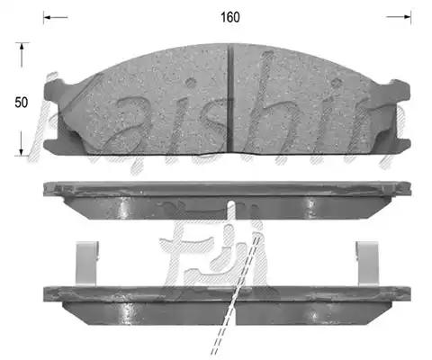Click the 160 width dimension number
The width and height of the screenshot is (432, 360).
pyautogui.click(x=230, y=17)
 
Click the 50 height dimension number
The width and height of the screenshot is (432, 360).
pyautogui.click(x=21, y=103)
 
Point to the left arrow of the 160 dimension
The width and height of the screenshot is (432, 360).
pyautogui.click(x=56, y=17)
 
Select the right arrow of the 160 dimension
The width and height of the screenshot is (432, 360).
pyautogui.click(x=399, y=17)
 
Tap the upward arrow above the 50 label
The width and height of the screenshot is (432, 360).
pyautogui.click(x=21, y=55)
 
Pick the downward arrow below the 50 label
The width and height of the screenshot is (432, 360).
pyautogui.click(x=21, y=143)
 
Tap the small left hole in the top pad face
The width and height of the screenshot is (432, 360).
pyautogui.click(x=190, y=82)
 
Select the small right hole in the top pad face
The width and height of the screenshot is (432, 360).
pyautogui.click(x=336, y=82)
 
